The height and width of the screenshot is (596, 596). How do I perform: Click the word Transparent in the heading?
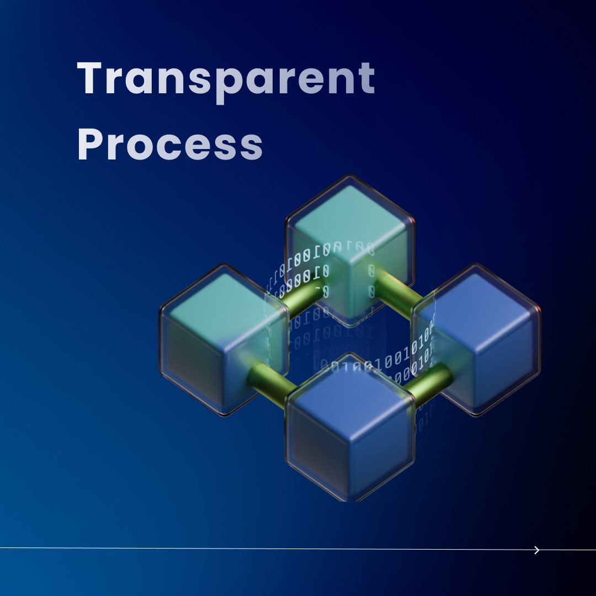tap(226, 79)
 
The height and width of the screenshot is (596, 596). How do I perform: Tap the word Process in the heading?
tap(169, 145)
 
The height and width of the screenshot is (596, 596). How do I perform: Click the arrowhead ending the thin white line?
tap(537, 550)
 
